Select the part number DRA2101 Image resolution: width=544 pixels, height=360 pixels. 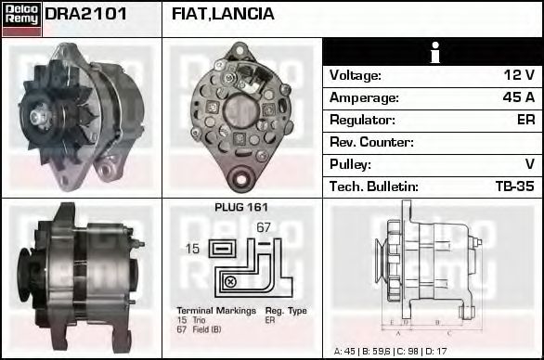click(85, 14)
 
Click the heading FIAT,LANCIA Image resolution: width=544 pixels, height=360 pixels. click(223, 14)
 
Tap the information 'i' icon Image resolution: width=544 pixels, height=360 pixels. click(433, 52)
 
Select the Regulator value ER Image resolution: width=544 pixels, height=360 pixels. click(525, 120)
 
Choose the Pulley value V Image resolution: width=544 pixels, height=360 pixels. click(528, 164)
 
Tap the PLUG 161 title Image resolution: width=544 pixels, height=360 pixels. click(240, 208)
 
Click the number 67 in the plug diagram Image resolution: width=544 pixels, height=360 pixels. click(263, 227)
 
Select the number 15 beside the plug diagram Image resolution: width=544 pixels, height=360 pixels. click(192, 249)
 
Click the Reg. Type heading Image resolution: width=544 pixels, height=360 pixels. click(285, 310)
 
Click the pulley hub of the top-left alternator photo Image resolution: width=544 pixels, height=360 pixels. click(40, 115)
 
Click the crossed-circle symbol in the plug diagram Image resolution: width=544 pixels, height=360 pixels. click(230, 281)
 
